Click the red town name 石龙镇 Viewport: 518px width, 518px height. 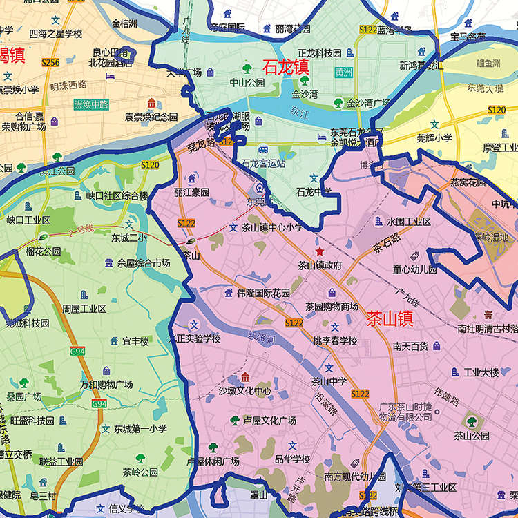tap(285, 68)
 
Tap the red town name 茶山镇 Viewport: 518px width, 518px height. tap(390, 318)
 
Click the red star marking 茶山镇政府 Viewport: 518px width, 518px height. tap(319, 251)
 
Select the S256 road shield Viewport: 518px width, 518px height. tap(50, 62)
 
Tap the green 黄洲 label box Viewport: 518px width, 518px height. tap(343, 72)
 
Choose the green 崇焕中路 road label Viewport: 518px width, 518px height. tap(91, 105)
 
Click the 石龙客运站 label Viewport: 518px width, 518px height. tap(264, 164)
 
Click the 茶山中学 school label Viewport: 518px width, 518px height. tap(329, 381)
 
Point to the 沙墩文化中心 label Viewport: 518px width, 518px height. tap(244, 390)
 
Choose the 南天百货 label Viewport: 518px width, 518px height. tap(410, 346)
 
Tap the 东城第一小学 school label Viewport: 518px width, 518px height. tap(140, 429)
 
